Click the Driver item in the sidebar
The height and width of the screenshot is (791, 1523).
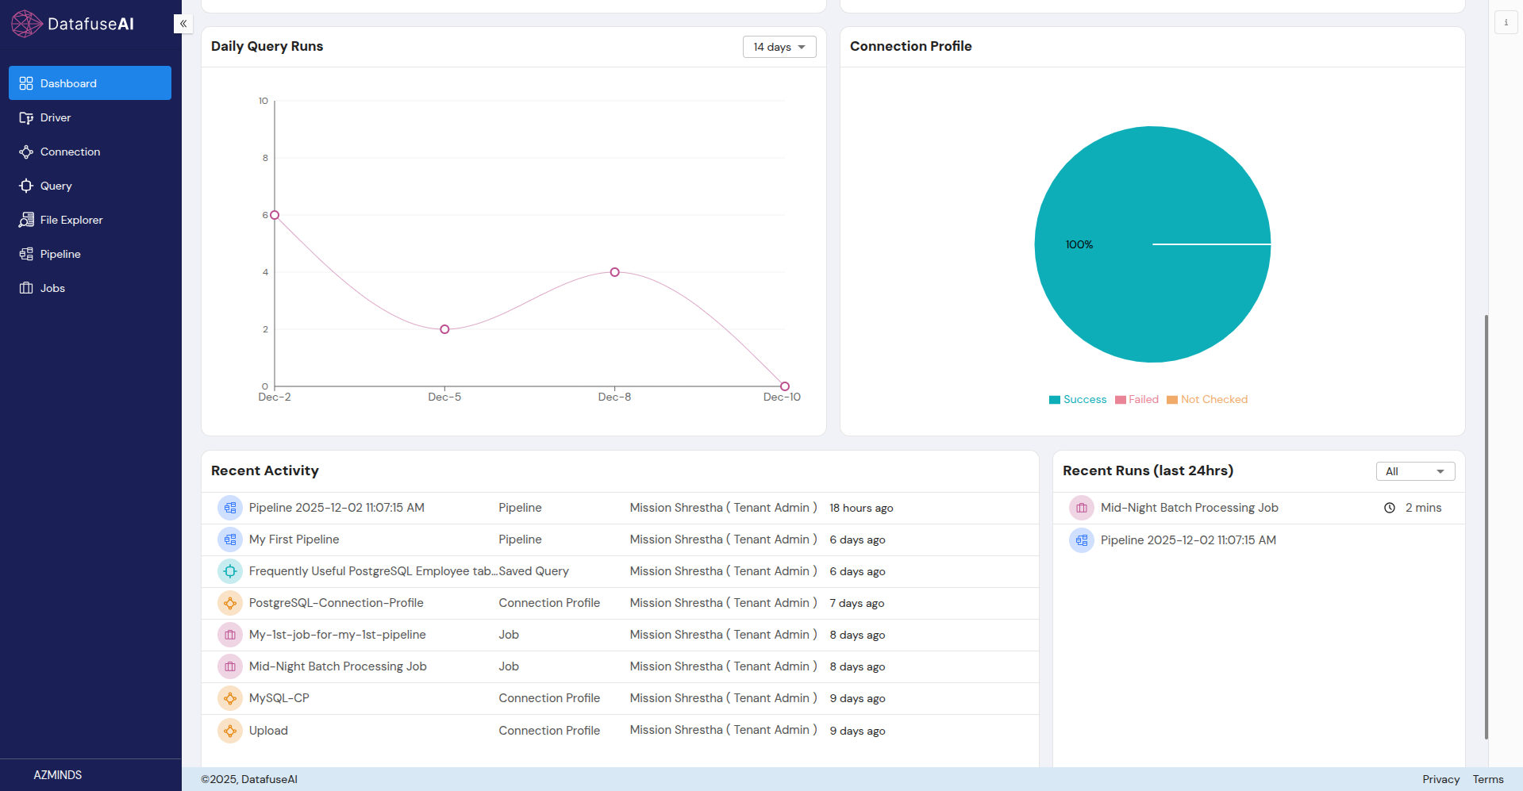(x=56, y=117)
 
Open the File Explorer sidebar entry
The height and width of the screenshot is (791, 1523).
(x=71, y=220)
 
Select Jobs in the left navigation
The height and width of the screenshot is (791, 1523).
(x=52, y=288)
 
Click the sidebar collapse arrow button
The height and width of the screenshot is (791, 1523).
(x=183, y=24)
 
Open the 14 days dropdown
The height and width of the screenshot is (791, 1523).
(x=779, y=47)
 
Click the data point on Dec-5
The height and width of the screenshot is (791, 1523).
(x=444, y=329)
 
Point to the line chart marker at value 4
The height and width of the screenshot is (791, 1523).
(x=614, y=272)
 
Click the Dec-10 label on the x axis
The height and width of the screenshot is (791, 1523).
(x=781, y=397)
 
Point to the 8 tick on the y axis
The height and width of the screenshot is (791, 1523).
(x=265, y=158)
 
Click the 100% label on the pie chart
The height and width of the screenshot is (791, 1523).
(x=1079, y=244)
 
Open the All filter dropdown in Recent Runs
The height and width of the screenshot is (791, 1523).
(x=1414, y=471)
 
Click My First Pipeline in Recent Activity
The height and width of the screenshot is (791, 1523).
(x=294, y=539)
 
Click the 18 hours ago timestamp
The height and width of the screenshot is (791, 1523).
(x=860, y=508)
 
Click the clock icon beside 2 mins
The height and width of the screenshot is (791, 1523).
(x=1389, y=508)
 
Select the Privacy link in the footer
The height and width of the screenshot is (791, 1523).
(x=1440, y=779)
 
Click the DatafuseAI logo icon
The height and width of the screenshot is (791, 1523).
(x=26, y=24)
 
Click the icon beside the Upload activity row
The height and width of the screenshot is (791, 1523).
(x=230, y=731)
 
